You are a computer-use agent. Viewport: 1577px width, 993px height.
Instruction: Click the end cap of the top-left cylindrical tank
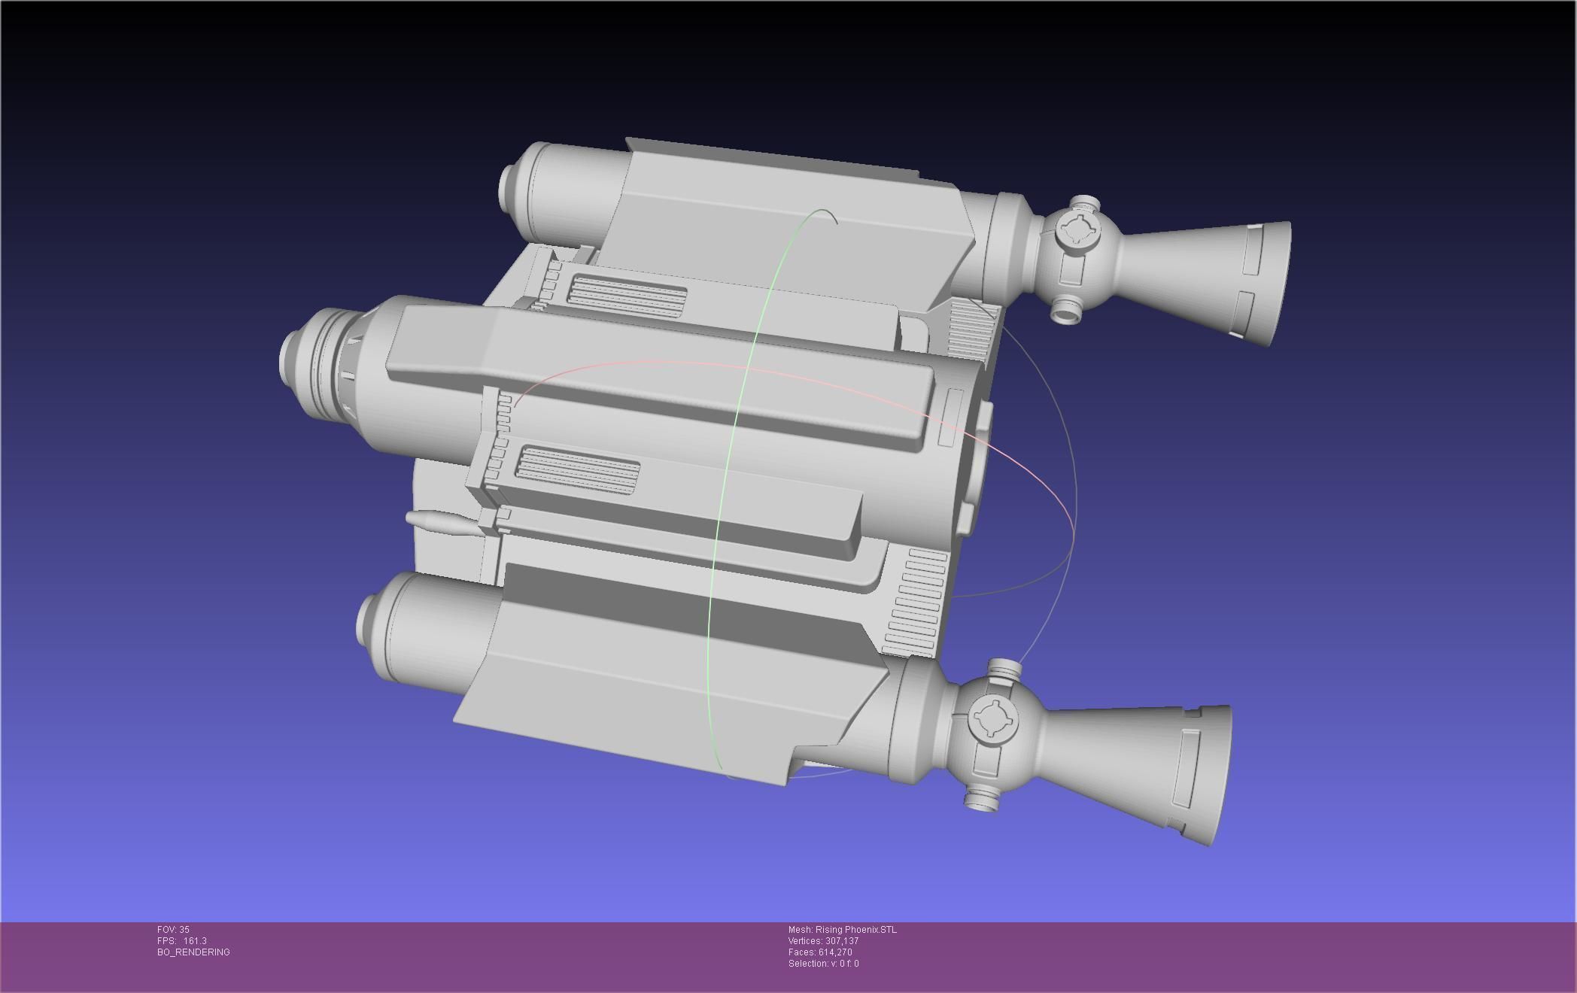[x=512, y=188]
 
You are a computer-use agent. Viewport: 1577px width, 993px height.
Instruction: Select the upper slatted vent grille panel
[x=628, y=294]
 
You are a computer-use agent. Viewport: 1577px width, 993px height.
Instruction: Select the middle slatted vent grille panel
[x=577, y=471]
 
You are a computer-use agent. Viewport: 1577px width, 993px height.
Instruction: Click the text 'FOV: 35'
[x=173, y=930]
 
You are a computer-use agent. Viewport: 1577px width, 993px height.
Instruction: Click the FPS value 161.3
[x=194, y=941]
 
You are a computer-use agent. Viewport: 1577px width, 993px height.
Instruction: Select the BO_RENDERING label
[x=193, y=952]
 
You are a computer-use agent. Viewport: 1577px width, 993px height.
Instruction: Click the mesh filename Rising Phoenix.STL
[x=855, y=930]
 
